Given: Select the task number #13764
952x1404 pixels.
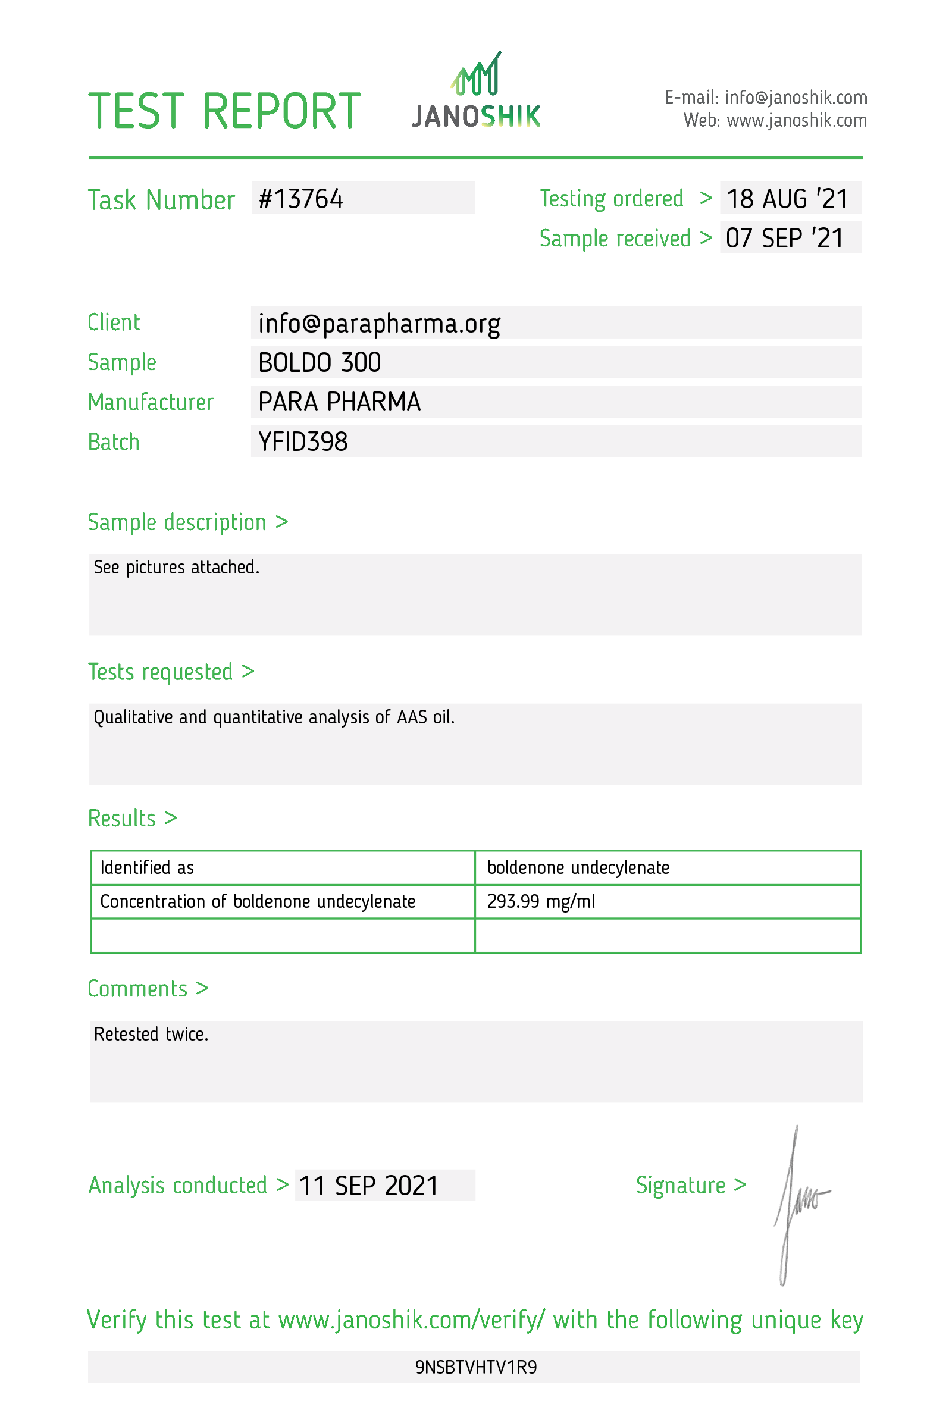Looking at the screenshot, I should pos(300,199).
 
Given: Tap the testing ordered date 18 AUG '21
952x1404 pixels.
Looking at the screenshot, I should pos(787,199).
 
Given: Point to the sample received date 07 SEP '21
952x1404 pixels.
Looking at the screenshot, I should pos(784,239).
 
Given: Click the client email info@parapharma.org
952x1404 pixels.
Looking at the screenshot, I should pos(379,324).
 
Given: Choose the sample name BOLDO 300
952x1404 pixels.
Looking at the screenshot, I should pos(319,363).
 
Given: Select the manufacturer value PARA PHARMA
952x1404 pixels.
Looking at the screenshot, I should pos(339,402).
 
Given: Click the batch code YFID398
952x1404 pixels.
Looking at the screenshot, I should pos(303,442).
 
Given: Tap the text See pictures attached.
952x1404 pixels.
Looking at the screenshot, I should pos(176,568).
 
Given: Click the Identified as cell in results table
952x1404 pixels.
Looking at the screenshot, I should pos(147,868).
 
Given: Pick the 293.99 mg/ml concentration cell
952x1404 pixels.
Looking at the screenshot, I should pos(541,901).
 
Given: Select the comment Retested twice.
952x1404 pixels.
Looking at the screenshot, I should pos(151,1035).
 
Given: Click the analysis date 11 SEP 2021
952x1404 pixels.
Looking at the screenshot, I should pos(368,1186).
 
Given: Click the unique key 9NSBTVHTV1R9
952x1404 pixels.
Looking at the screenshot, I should pos(476,1367).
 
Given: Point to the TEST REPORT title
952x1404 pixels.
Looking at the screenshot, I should pos(224,111).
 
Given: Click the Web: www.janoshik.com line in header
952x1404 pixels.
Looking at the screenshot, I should pos(775,121).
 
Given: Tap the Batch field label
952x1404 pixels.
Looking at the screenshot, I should pos(114,442).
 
